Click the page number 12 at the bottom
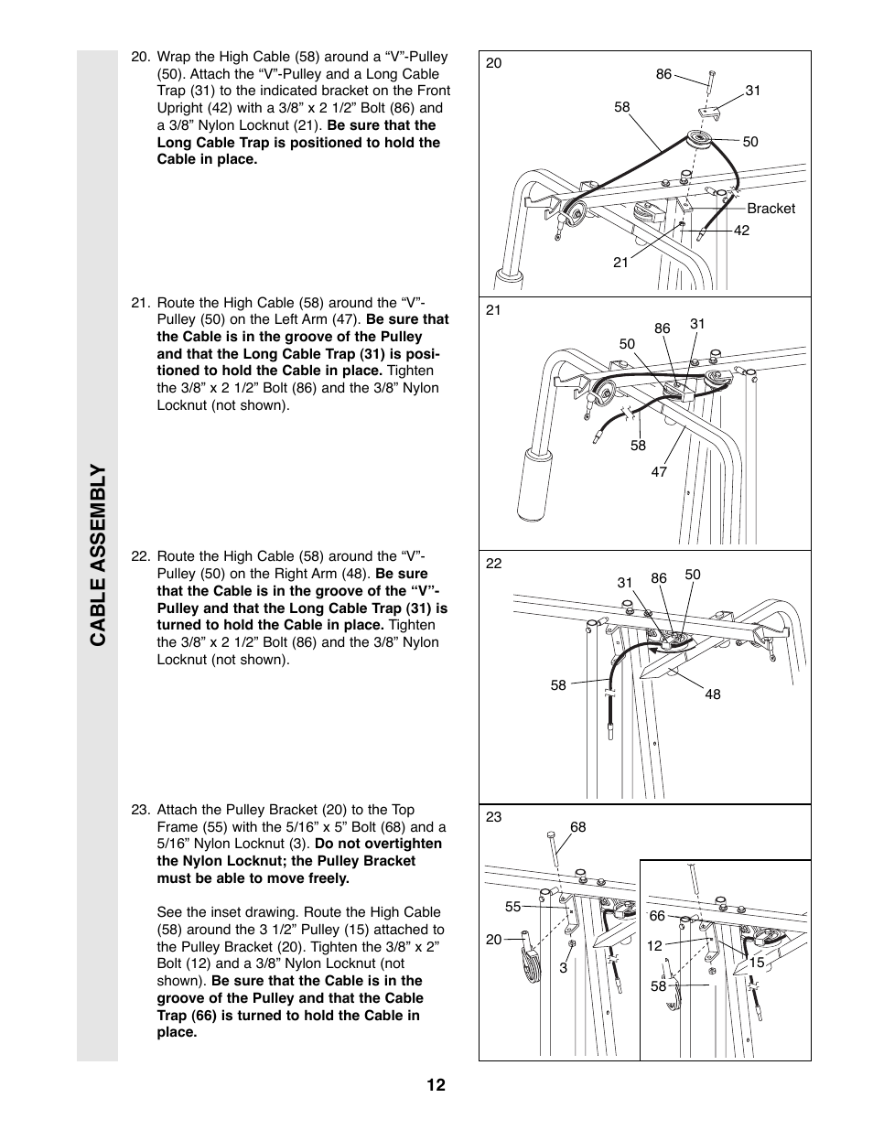pyautogui.click(x=436, y=1085)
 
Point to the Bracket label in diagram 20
pyautogui.click(x=771, y=209)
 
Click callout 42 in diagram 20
pyautogui.click(x=741, y=231)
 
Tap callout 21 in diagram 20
pyautogui.click(x=620, y=263)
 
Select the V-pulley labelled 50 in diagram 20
pyautogui.click(x=702, y=140)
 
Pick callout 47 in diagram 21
pyautogui.click(x=659, y=472)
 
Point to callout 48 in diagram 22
pyautogui.click(x=713, y=694)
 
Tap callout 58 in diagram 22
pyautogui.click(x=558, y=684)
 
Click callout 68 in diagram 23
pyautogui.click(x=577, y=827)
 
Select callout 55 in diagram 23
pyautogui.click(x=512, y=907)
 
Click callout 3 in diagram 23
pyautogui.click(x=564, y=967)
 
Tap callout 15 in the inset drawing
pyautogui.click(x=757, y=963)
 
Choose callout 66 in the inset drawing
pyautogui.click(x=657, y=916)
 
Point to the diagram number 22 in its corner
pyautogui.click(x=494, y=564)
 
